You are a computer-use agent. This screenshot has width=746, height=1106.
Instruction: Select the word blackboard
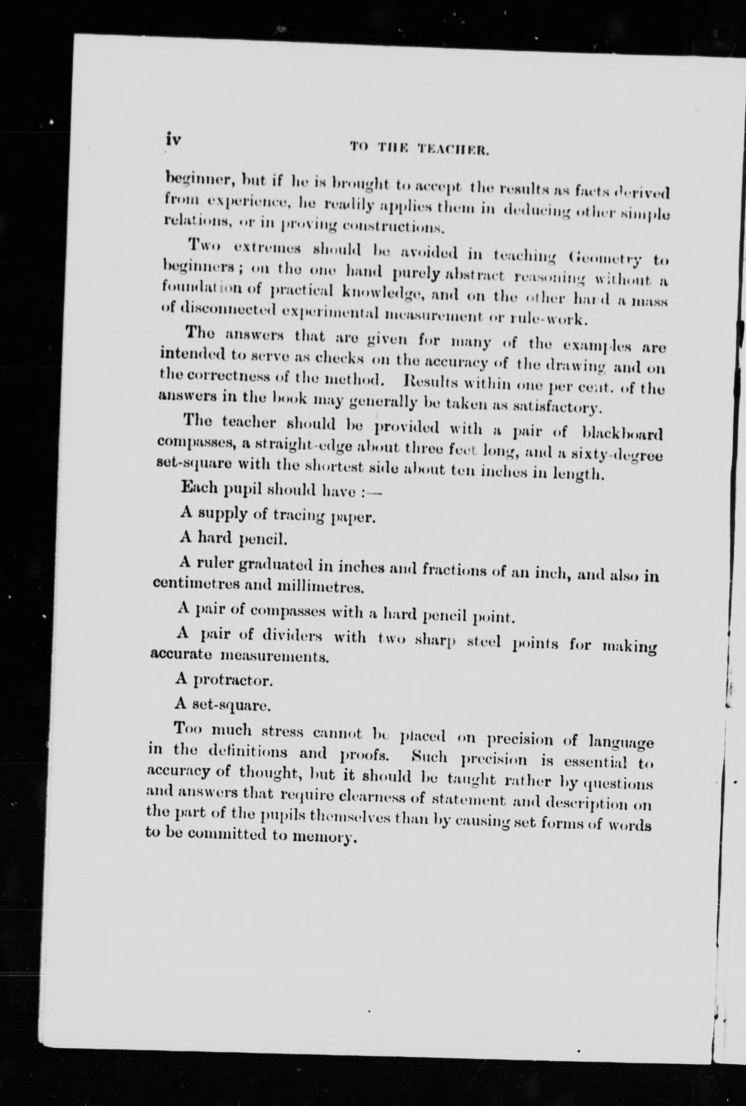click(621, 435)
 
